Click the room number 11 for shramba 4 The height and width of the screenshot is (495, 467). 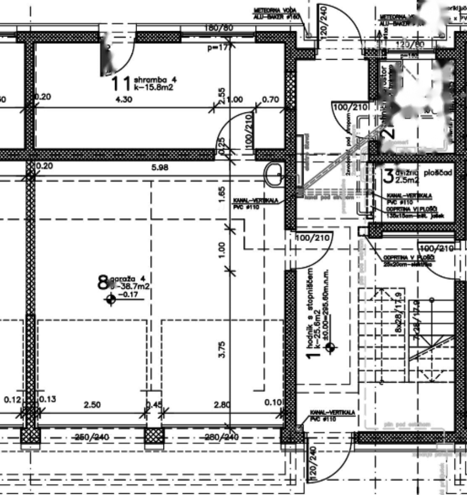coord(121,83)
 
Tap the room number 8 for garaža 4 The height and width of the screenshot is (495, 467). coord(103,283)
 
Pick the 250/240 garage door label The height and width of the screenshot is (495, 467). coord(91,437)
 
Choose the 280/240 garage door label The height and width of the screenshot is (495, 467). coord(222,437)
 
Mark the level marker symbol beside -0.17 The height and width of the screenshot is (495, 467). coord(111,299)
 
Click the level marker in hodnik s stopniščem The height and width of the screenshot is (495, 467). coord(331,347)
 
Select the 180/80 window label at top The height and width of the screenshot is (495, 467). coord(219,29)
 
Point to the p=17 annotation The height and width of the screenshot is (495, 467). coord(217,48)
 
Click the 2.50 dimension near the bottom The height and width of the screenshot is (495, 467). coord(92,405)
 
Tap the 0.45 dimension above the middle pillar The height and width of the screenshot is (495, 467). coord(153,405)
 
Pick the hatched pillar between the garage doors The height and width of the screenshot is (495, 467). coord(154,439)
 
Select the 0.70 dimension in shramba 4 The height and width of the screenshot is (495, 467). coord(270,100)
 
